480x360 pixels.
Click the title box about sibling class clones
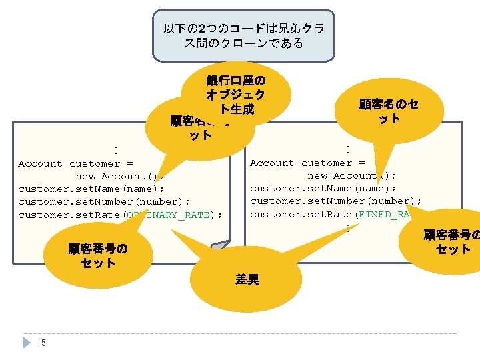(243, 35)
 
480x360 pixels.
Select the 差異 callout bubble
(246, 279)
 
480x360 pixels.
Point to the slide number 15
(41, 343)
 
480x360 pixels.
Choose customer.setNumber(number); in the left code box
(104, 202)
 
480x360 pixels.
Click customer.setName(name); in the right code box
(323, 189)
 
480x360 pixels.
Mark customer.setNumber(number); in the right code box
(336, 201)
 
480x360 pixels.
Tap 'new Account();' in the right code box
(351, 176)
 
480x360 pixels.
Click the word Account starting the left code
(40, 164)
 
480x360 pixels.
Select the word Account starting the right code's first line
(272, 163)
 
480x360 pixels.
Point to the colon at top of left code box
(115, 149)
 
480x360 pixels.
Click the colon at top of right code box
(347, 147)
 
